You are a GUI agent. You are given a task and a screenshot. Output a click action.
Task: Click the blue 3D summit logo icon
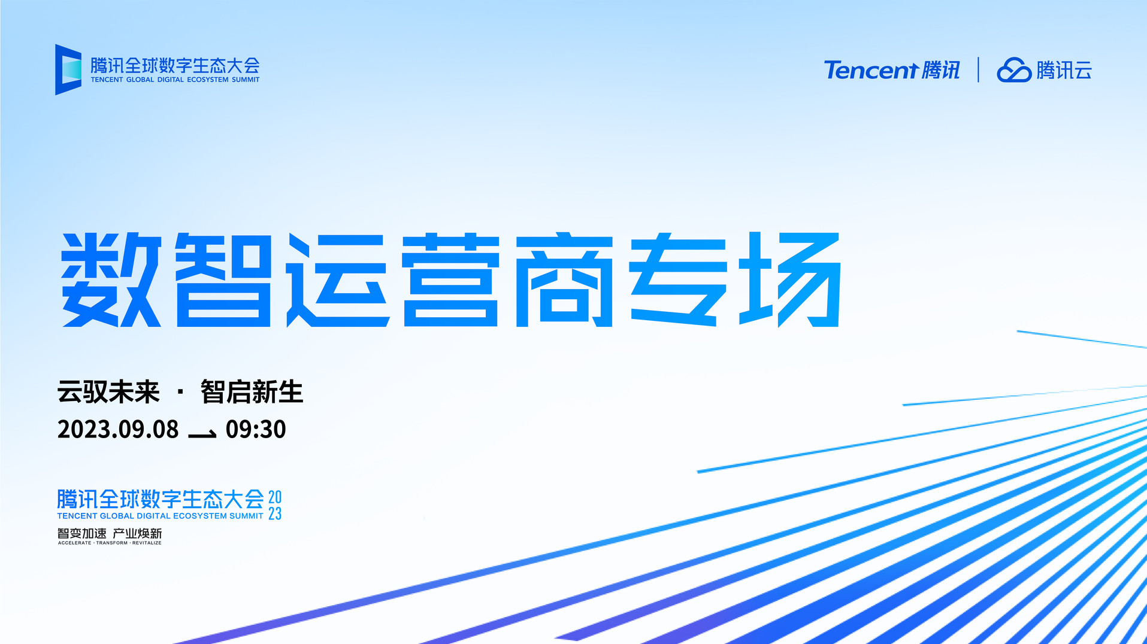pyautogui.click(x=68, y=69)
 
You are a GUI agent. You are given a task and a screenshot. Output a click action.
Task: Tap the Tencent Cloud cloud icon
pyautogui.click(x=1013, y=70)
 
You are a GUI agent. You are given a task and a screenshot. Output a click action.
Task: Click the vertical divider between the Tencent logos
pyautogui.click(x=978, y=69)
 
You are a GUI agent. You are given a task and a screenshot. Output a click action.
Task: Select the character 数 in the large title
pyautogui.click(x=111, y=280)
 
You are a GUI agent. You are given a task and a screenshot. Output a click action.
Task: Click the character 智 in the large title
pyautogui.click(x=224, y=280)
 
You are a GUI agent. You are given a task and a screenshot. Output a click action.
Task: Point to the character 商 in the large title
pyautogui.click(x=564, y=280)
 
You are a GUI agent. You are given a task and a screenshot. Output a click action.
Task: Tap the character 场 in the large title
pyautogui.click(x=790, y=280)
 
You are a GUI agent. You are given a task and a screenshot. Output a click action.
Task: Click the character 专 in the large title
pyautogui.click(x=677, y=280)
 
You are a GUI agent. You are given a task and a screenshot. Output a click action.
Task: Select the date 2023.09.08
pyautogui.click(x=118, y=429)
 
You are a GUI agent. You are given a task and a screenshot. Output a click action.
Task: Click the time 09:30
pyautogui.click(x=256, y=429)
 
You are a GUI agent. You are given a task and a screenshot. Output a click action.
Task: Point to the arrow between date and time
pyautogui.click(x=202, y=434)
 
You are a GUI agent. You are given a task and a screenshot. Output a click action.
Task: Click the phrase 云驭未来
pyautogui.click(x=108, y=392)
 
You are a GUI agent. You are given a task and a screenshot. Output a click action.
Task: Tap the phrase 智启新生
pyautogui.click(x=252, y=392)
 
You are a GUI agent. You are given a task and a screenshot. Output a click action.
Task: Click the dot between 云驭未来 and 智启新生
pyautogui.click(x=180, y=393)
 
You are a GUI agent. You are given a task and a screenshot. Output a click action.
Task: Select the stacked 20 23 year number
pyautogui.click(x=275, y=506)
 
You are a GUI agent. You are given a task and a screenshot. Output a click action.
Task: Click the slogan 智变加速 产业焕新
pyautogui.click(x=110, y=533)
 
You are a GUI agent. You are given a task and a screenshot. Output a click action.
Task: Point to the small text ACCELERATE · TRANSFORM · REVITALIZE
pyautogui.click(x=110, y=543)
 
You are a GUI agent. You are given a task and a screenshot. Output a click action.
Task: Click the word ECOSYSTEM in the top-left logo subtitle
pyautogui.click(x=208, y=80)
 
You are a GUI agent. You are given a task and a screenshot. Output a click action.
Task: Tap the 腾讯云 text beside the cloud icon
pyautogui.click(x=1064, y=70)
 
